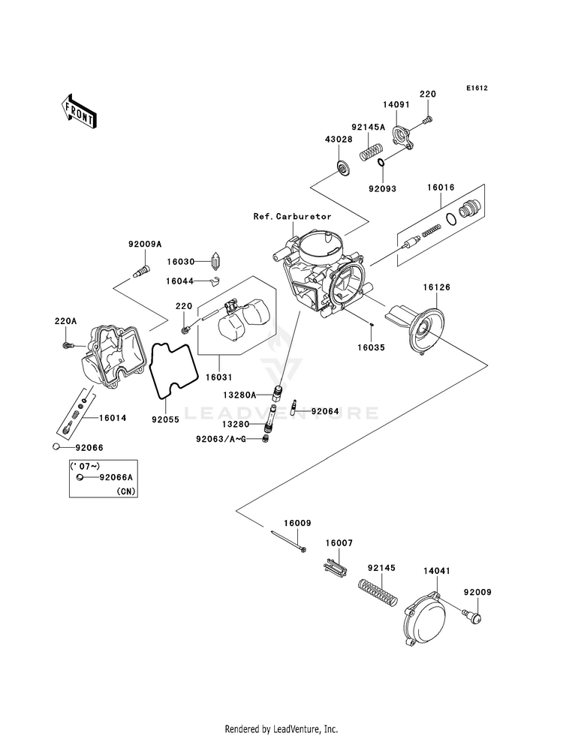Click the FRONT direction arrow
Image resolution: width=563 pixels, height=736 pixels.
coord(78,111)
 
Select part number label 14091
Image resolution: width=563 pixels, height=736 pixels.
coord(396,105)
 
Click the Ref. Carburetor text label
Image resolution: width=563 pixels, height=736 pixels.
coord(293,216)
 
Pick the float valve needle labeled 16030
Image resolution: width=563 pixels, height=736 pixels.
coord(215,261)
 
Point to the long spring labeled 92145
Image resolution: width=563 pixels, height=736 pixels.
coord(378,592)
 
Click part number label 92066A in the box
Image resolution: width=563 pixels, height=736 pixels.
coord(116,477)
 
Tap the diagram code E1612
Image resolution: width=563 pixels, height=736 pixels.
coord(477,88)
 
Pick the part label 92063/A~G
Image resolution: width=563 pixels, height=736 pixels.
coord(221,439)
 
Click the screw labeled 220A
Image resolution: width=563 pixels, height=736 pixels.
coord(68,345)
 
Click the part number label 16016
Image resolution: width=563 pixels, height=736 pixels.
coord(441,188)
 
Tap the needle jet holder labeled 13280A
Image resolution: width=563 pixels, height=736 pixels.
coord(278,392)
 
